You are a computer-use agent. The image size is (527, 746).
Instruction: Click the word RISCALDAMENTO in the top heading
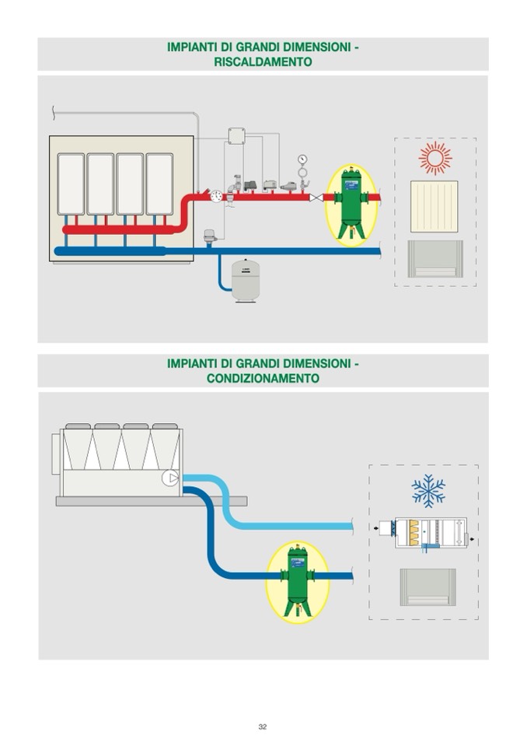point(263,61)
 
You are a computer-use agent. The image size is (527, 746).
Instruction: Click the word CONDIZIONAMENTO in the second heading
point(263,378)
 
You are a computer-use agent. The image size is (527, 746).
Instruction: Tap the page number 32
point(263,727)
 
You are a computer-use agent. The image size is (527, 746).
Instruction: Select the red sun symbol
point(435,158)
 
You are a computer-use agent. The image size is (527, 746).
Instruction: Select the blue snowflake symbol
point(428,490)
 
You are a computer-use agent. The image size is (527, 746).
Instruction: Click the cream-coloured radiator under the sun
point(434,206)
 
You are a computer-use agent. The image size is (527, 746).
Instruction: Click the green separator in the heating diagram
point(351,201)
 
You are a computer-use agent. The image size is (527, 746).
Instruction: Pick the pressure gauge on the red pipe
point(302,163)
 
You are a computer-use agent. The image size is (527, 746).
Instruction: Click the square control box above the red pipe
point(236,136)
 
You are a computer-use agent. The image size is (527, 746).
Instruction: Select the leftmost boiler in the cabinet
point(71,184)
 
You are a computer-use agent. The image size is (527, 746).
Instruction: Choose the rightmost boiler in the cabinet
point(159,184)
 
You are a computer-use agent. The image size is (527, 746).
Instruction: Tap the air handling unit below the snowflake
point(430,532)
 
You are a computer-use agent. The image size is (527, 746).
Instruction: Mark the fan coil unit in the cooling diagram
point(427,587)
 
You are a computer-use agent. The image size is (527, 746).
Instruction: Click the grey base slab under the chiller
point(152,501)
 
